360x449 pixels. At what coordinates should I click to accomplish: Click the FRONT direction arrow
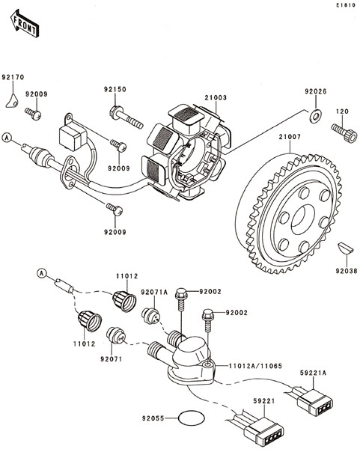[x=25, y=23]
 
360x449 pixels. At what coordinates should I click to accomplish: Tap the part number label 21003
[x=216, y=97]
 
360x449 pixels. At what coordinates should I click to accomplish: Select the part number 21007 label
[x=290, y=137]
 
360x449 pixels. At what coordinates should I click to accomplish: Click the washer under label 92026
[x=315, y=116]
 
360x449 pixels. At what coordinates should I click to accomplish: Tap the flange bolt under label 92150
[x=126, y=117]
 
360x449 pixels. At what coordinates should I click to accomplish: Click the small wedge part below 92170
[x=12, y=101]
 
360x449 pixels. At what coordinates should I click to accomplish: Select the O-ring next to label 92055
[x=192, y=419]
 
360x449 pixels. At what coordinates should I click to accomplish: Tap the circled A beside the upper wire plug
[x=6, y=138]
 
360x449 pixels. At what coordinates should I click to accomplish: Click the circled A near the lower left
[x=42, y=273]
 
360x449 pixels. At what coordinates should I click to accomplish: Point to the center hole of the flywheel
[x=302, y=219]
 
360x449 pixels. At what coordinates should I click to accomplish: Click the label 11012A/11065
[x=255, y=366]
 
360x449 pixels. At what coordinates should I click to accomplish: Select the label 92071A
[x=154, y=292]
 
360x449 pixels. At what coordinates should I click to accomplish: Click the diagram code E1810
[x=346, y=5]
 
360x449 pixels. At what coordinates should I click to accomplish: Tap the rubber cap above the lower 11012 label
[x=90, y=321]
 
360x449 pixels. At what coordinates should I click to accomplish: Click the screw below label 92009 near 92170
[x=33, y=114]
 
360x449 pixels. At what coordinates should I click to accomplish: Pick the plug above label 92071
[x=116, y=335]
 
